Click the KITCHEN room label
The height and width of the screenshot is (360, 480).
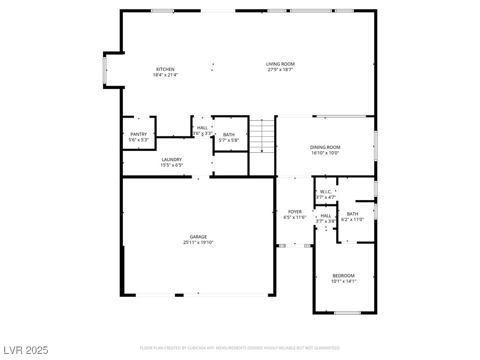click(165, 69)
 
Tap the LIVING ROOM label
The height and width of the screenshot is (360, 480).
click(280, 64)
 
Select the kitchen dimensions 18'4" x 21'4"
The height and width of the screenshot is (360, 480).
click(165, 75)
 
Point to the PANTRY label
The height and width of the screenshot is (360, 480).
click(139, 134)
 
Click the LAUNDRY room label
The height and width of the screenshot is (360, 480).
click(172, 159)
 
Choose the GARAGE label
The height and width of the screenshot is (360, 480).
click(198, 237)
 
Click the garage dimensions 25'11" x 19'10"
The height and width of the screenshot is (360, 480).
click(198, 242)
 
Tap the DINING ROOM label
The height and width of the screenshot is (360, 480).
click(325, 147)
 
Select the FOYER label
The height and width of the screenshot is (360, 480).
click(295, 211)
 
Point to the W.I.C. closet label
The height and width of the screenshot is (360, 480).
click(326, 192)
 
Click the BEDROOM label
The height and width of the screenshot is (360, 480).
click(344, 276)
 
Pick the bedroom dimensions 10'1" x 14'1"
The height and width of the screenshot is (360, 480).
click(344, 281)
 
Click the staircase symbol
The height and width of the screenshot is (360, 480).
click(262, 136)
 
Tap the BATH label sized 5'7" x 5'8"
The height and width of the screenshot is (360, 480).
click(229, 135)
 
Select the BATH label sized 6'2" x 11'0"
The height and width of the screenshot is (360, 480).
click(352, 214)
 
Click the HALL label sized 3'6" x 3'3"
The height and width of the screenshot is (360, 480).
click(202, 127)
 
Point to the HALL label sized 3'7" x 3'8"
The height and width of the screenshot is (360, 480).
click(326, 216)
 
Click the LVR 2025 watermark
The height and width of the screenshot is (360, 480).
click(26, 350)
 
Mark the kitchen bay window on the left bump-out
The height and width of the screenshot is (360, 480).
click(105, 70)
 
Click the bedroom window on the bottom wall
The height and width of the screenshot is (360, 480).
click(347, 313)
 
